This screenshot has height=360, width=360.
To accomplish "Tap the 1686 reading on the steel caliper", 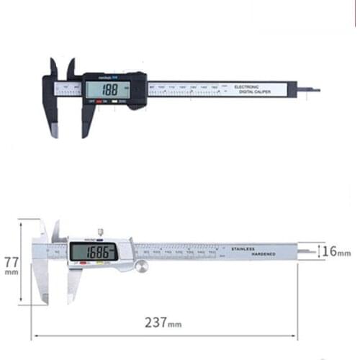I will [94, 252].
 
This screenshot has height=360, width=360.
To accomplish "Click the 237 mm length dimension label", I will [166, 322].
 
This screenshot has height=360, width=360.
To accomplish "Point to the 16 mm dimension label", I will [336, 252].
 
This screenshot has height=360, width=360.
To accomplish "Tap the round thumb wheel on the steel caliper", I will [140, 267].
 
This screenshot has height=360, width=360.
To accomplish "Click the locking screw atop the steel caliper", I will [101, 232].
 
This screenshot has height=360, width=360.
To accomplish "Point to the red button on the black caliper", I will [101, 102].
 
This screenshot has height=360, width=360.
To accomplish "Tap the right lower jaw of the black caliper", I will [87, 121].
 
